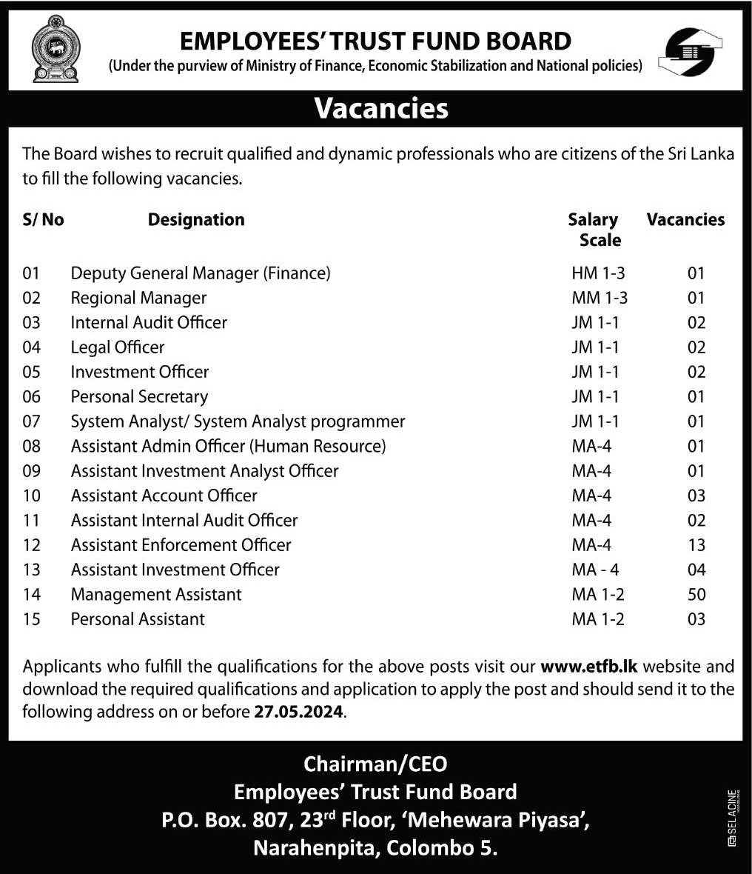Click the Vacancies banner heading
pos(381,108)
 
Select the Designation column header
pos(196,220)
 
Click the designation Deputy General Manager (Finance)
pos(201,273)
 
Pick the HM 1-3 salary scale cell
pos(598,273)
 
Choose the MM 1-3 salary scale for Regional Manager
pos(600,298)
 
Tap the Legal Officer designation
pos(118,347)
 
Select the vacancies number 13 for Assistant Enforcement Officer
pos(696,545)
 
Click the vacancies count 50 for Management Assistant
pos(696,595)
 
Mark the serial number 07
pos(32,421)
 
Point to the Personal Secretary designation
pos(139,397)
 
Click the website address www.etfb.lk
pos(589,666)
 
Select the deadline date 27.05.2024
pos(298,713)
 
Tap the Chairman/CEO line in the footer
pos(375,763)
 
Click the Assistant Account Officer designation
pos(164,496)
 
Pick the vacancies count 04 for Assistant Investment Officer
pos(696,570)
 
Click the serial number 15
pos(32,619)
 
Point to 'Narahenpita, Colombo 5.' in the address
pos(375,848)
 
